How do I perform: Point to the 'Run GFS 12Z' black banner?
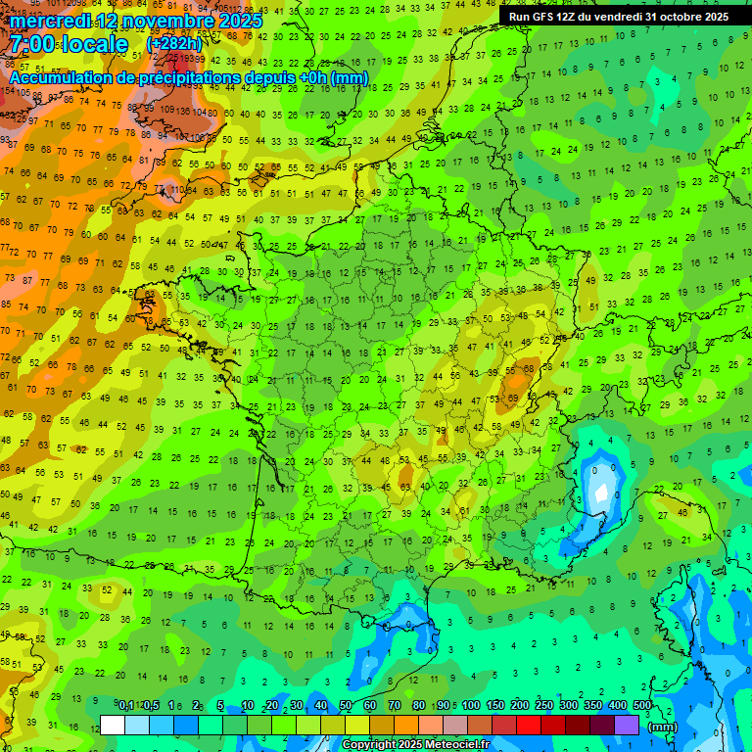(x=618, y=17)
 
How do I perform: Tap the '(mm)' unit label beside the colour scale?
(x=663, y=727)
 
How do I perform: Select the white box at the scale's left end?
(x=113, y=726)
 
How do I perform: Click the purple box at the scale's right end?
(x=627, y=726)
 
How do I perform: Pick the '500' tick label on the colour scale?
(x=641, y=706)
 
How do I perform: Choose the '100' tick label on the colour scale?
(x=471, y=706)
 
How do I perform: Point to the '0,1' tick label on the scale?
(x=126, y=706)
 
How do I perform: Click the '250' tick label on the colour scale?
(x=543, y=706)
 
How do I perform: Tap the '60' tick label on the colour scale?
(x=370, y=706)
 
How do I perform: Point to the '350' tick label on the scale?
(x=592, y=706)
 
